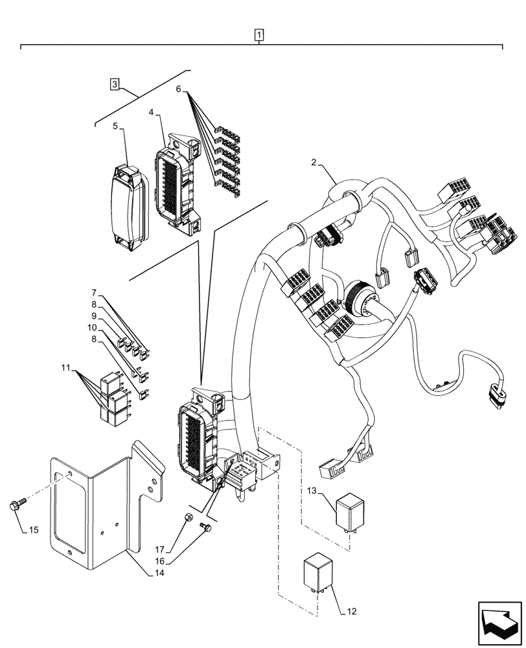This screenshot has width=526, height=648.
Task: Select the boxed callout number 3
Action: click(x=114, y=84)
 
